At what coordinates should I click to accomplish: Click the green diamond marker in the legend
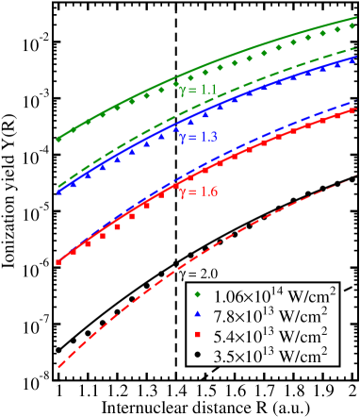[x=200, y=296]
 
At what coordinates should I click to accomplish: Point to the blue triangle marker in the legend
[x=200, y=316]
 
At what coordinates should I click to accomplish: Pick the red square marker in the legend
[x=200, y=336]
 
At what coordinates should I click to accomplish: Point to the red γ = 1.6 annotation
[x=199, y=192]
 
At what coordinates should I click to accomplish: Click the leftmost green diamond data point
[x=58, y=140]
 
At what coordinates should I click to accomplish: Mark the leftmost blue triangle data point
[x=58, y=192]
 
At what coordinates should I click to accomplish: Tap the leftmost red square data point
[x=58, y=262]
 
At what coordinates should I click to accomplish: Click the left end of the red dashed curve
[x=58, y=366]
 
